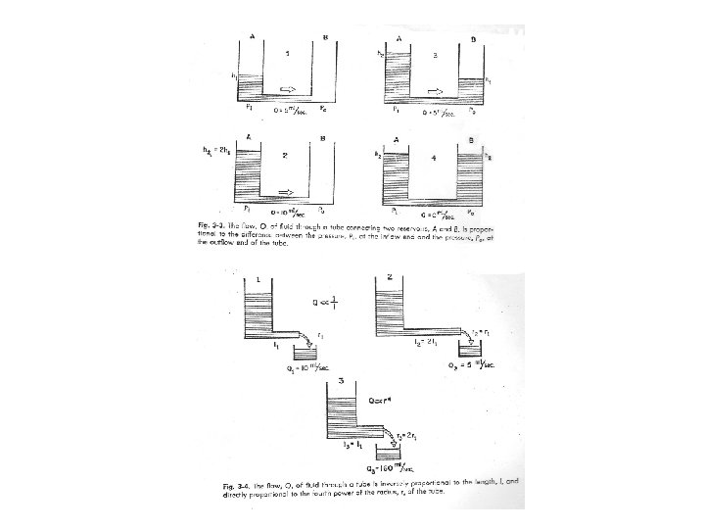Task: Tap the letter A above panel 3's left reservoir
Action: tap(399, 39)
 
